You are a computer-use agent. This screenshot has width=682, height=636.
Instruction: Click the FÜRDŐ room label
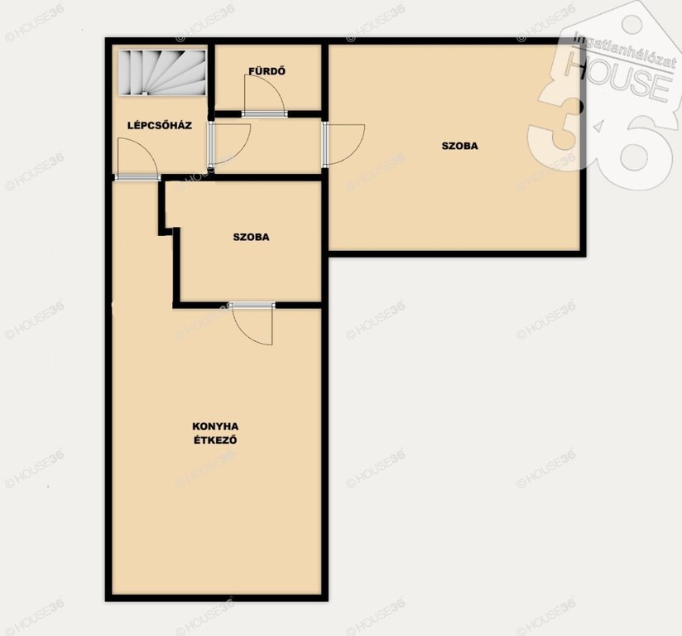point(267,71)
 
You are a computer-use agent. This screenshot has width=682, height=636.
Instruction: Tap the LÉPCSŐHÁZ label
point(160,125)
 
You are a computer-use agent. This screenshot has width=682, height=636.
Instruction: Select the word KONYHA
point(215,426)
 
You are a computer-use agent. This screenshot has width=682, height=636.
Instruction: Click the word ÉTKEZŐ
point(215,440)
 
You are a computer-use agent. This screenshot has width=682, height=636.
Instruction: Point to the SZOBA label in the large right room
point(459,146)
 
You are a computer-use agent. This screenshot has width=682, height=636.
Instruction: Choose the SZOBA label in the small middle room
point(251,237)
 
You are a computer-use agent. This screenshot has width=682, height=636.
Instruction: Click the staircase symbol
point(162,72)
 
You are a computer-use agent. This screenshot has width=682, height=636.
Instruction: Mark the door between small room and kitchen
point(252,324)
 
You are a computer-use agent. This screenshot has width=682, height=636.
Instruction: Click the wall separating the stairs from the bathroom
point(211,79)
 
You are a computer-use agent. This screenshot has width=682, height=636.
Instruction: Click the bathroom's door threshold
point(265,114)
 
